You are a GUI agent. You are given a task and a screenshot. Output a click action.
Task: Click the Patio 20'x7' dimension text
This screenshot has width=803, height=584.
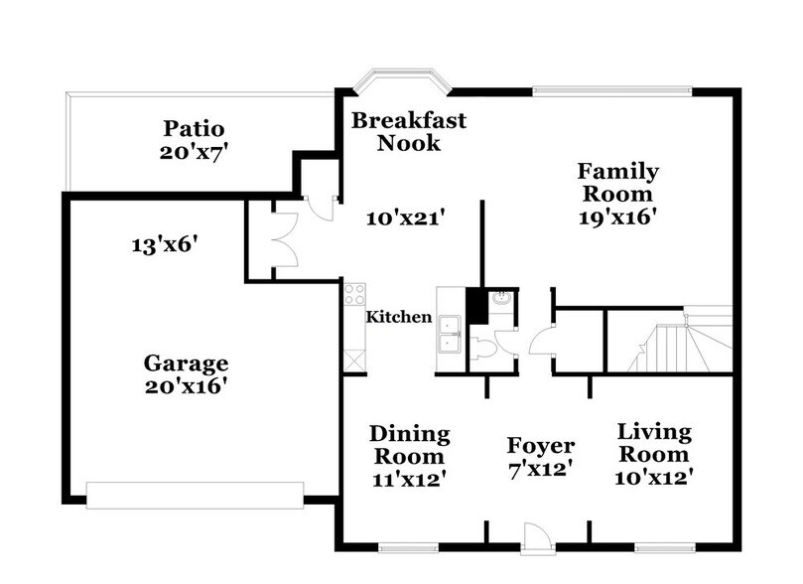pyautogui.click(x=194, y=152)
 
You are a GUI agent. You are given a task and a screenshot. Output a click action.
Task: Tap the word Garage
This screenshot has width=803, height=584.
pyautogui.click(x=186, y=364)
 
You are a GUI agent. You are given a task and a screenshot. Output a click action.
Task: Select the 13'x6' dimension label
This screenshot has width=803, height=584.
pyautogui.click(x=165, y=244)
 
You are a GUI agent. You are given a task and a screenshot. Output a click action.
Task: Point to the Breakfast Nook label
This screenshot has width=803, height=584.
pyautogui.click(x=409, y=132)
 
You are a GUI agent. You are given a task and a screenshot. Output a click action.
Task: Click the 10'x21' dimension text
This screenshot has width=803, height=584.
pyautogui.click(x=405, y=219)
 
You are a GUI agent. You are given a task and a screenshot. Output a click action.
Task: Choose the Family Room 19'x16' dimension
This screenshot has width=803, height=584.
pyautogui.click(x=617, y=218)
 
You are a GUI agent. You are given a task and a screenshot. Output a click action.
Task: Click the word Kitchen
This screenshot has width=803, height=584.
pyautogui.click(x=399, y=317)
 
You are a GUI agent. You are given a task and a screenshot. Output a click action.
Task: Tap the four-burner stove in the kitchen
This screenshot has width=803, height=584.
pyautogui.click(x=354, y=294)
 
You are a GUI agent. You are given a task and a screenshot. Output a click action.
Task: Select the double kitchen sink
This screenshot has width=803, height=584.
pyautogui.click(x=449, y=335)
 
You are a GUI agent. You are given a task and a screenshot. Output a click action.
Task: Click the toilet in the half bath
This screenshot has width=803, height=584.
pyautogui.click(x=483, y=349)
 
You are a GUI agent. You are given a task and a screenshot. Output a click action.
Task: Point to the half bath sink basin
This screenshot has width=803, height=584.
pyautogui.click(x=500, y=299)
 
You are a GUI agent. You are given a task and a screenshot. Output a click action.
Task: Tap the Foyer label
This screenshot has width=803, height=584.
pyautogui.click(x=541, y=445)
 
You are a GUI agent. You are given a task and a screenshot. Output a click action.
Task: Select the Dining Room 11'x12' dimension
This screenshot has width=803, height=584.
pyautogui.click(x=409, y=480)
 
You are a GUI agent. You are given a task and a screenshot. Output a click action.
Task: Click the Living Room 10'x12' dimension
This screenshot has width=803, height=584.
pyautogui.click(x=654, y=478)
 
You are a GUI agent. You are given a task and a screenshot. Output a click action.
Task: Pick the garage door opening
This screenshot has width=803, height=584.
pyautogui.click(x=195, y=495)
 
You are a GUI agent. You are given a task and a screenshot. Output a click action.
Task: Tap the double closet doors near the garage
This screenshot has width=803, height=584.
pyautogui.click(x=285, y=239)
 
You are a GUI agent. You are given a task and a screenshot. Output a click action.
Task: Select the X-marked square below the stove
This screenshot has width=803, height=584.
pyautogui.click(x=354, y=361)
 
